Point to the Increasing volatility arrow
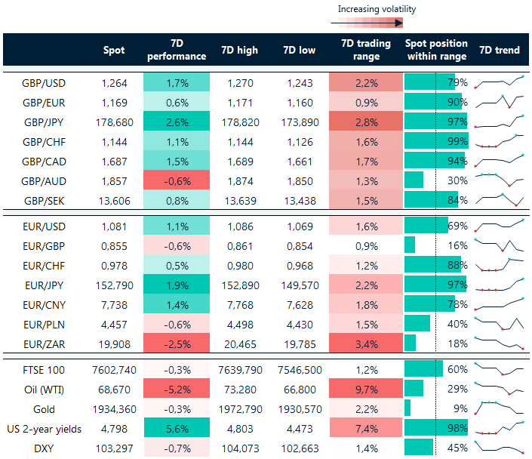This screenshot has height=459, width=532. [x=367, y=23]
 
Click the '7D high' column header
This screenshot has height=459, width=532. [x=239, y=50]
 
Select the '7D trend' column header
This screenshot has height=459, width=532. [x=499, y=50]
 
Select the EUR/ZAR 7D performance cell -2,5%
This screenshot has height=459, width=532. [x=176, y=343]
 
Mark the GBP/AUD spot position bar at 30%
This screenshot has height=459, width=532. [x=414, y=180]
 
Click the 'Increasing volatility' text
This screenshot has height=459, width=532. [x=377, y=9]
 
